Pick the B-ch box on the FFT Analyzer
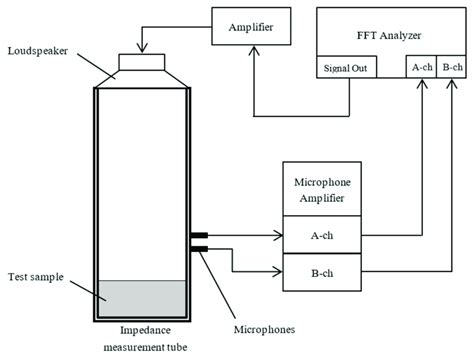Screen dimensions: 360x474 452,67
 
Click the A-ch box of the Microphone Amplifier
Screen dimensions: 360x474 319,237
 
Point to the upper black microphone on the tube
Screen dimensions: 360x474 198,237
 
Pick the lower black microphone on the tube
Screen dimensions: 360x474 198,249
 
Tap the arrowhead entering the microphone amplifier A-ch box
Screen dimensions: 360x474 279,237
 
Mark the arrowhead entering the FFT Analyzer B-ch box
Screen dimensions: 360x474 452,84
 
